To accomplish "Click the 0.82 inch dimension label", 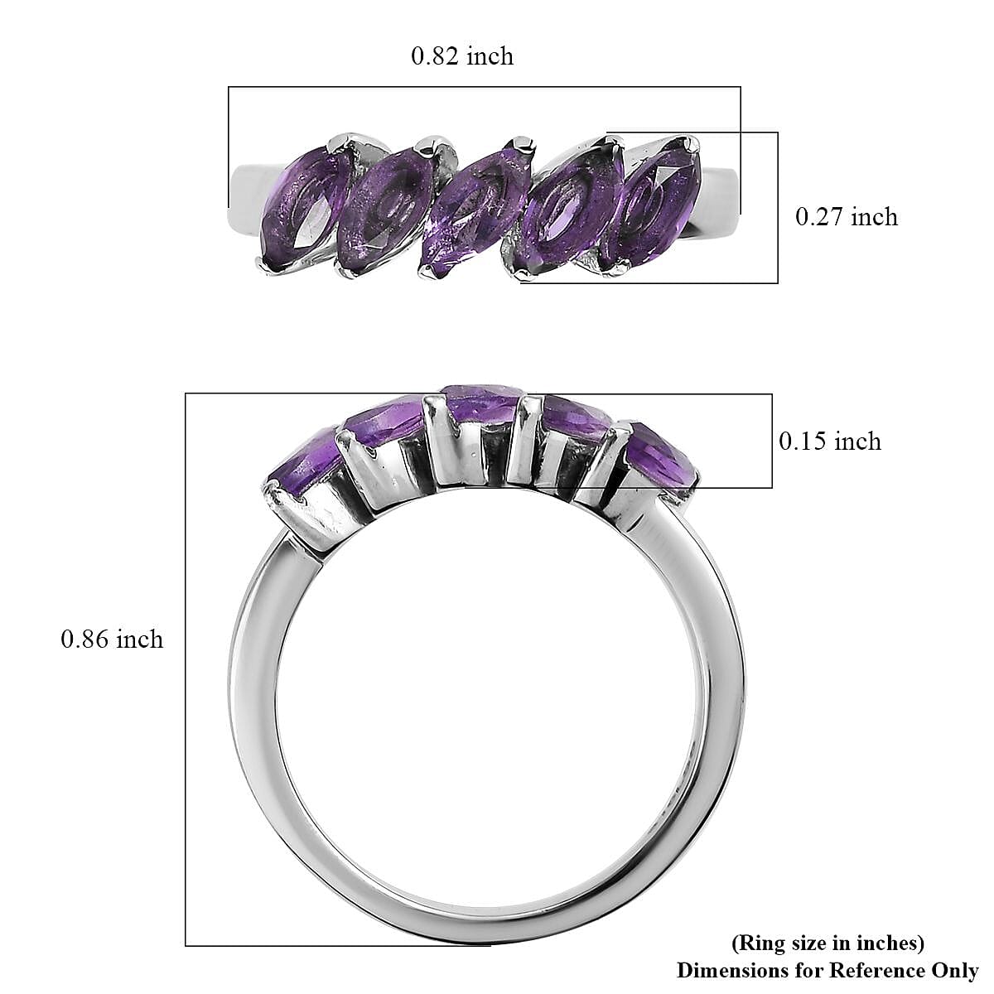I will (462, 56).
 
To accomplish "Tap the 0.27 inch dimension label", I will (846, 217).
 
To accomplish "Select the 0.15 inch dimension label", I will (829, 441).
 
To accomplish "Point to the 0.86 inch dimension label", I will (112, 639).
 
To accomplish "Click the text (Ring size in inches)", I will (828, 943).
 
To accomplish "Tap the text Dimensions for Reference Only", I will (828, 970).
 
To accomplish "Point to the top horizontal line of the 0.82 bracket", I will (485, 86).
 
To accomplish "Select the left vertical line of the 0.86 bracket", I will (186, 663).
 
